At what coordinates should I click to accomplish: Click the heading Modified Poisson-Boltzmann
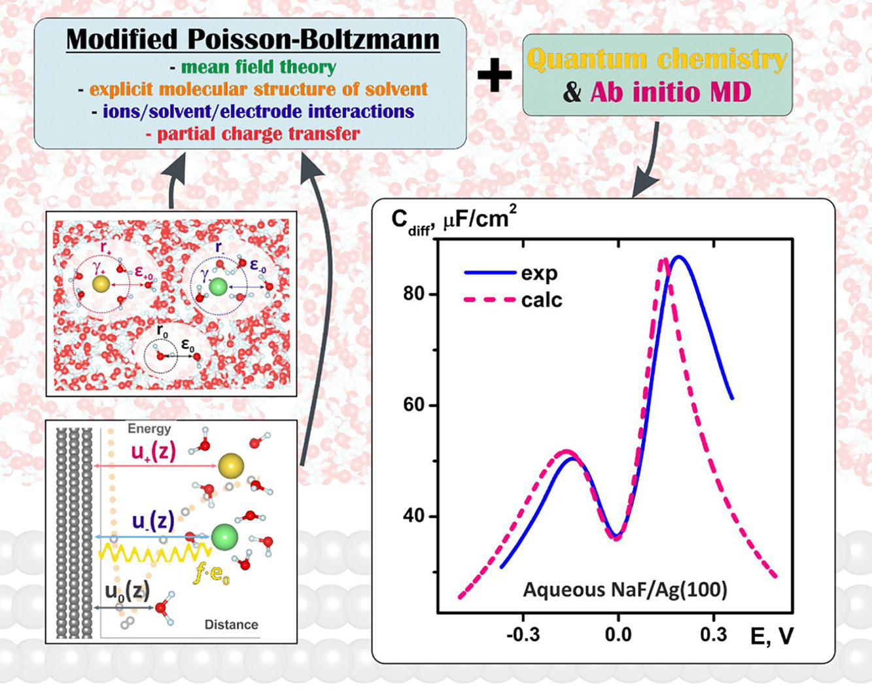pos(253,40)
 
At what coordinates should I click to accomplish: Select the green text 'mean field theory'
pos(258,67)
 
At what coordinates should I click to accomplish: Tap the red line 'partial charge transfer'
pos(258,134)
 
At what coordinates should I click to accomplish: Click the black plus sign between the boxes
pos(495,75)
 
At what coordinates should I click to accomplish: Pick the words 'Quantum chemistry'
pos(657,60)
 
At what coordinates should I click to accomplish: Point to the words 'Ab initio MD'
pos(671,92)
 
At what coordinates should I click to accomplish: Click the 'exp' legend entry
pos(539,273)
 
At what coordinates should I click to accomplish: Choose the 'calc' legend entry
pos(542,300)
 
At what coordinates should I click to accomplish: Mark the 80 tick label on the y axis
pos(415,294)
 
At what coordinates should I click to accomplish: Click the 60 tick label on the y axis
pos(415,406)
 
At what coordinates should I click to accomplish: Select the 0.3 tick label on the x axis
pos(713,634)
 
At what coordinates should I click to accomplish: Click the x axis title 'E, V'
pos(771,636)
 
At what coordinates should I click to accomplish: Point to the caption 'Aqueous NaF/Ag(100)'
pos(625,590)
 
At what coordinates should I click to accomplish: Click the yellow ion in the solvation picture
pos(101,284)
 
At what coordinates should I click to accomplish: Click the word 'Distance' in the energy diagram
pos(231,625)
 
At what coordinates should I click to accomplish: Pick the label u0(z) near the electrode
pos(127,591)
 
